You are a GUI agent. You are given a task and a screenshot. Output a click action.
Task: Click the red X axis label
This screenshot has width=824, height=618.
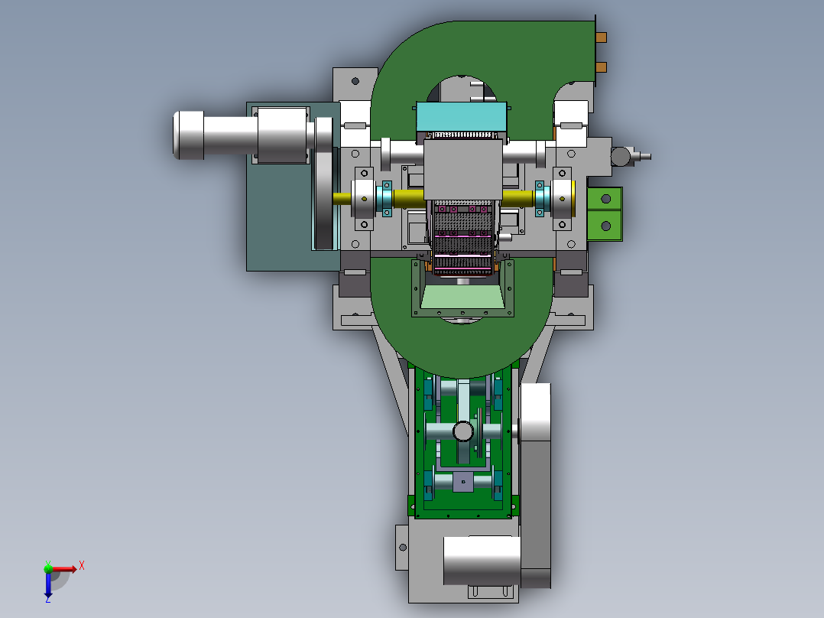(x=82, y=566)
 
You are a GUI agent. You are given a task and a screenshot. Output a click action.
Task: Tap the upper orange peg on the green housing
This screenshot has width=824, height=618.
(x=601, y=37)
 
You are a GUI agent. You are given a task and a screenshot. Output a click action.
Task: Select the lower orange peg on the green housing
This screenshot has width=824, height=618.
(x=601, y=67)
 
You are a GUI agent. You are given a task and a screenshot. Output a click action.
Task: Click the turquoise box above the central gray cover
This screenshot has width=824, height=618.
(x=462, y=117)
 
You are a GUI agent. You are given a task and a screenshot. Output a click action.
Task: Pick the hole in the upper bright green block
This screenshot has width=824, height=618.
(x=606, y=199)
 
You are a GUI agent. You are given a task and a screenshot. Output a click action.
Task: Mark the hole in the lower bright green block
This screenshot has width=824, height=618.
(x=606, y=226)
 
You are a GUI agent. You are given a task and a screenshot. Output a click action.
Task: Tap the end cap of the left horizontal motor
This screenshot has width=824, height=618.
(x=189, y=135)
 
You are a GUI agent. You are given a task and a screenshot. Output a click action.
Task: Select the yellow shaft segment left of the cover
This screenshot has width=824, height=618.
(x=409, y=198)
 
